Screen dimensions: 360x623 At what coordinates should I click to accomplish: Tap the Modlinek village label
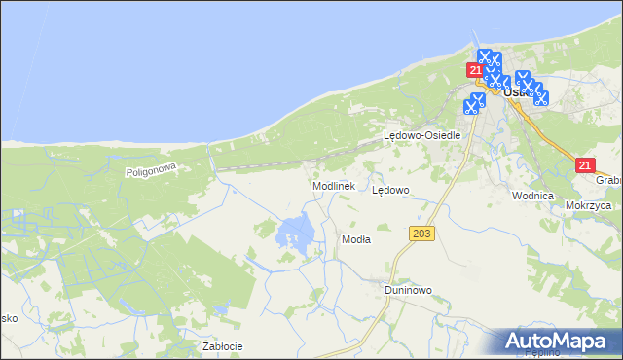[337, 185]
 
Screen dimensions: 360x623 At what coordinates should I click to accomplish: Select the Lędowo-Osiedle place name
[421, 136]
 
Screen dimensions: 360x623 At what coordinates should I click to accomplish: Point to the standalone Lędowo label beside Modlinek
[391, 191]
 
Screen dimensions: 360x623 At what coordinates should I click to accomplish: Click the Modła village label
[355, 238]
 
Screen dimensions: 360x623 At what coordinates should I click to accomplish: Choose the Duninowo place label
[407, 289]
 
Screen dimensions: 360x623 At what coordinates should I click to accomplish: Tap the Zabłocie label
[222, 346]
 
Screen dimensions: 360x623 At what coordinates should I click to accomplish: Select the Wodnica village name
[532, 196]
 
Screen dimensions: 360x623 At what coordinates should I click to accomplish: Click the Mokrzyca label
[587, 206]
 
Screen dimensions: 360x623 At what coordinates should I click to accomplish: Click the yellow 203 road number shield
[421, 234]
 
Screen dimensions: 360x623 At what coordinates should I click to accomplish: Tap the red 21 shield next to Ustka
[475, 70]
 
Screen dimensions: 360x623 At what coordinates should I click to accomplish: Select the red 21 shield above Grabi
[584, 165]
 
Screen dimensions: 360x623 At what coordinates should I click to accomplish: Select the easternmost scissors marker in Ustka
[541, 97]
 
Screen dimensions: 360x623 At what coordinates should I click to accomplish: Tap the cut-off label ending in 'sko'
[8, 318]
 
